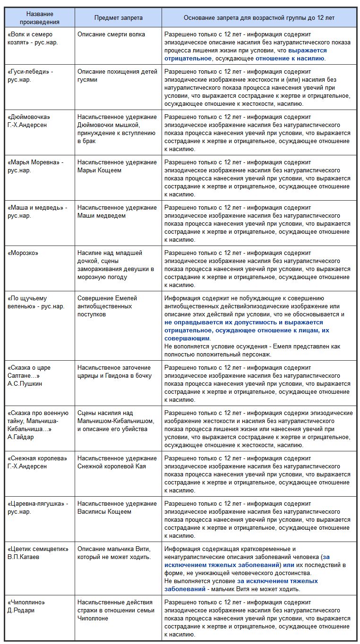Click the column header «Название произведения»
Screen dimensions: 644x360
(40, 17)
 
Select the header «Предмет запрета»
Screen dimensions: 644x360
(118, 17)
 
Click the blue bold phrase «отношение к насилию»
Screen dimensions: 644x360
(290, 59)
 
